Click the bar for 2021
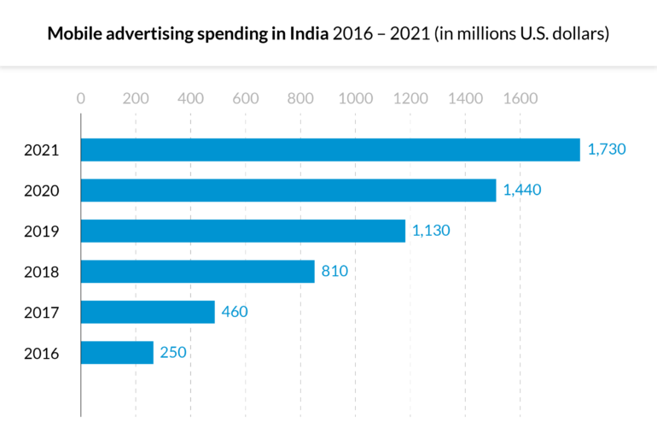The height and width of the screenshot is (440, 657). pyautogui.click(x=330, y=150)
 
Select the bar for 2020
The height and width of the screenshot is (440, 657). pyautogui.click(x=288, y=190)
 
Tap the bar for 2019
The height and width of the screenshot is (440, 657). pyautogui.click(x=243, y=231)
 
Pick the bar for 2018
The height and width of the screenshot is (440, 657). pyautogui.click(x=198, y=272)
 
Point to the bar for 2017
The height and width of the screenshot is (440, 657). pyautogui.click(x=148, y=312)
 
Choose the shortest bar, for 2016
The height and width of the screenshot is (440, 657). pyautogui.click(x=117, y=352)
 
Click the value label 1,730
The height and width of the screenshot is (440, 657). pyautogui.click(x=607, y=150)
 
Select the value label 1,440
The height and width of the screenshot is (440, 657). pyautogui.click(x=522, y=190)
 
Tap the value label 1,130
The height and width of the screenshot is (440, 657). pyautogui.click(x=431, y=231)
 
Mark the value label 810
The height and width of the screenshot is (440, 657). pyautogui.click(x=334, y=272)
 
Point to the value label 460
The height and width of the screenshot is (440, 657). pyautogui.click(x=234, y=312)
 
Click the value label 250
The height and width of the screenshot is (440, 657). pyautogui.click(x=172, y=352)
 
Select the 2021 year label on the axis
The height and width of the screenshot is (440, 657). pyautogui.click(x=41, y=150)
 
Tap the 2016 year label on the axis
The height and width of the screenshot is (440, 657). pyautogui.click(x=41, y=353)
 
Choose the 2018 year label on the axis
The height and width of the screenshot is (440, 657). pyautogui.click(x=41, y=272)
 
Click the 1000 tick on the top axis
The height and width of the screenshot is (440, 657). pyautogui.click(x=355, y=98)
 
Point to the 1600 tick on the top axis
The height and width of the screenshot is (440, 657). pyautogui.click(x=520, y=98)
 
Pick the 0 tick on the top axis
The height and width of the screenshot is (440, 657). pyautogui.click(x=81, y=98)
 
